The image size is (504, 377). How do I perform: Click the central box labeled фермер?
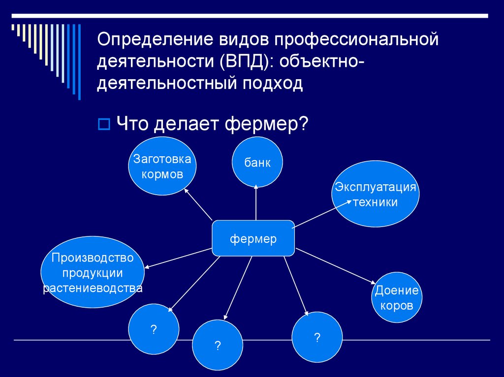click(253, 238)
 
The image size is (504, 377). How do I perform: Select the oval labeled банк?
click(257, 163)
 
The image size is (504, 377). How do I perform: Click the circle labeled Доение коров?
click(397, 297)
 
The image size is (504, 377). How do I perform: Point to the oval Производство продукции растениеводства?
click(92, 272)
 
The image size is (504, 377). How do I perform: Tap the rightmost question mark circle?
click(317, 338)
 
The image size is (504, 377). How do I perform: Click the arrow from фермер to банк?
click(256, 203)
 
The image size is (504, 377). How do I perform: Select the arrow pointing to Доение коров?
click(335, 266)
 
